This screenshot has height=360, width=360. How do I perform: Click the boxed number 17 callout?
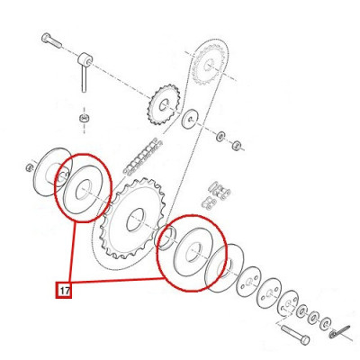point(64,291)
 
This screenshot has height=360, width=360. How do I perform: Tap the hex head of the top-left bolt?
point(46,38)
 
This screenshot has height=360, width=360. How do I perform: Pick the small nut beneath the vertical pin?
point(84,118)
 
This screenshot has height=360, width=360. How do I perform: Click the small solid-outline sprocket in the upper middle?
point(164,104)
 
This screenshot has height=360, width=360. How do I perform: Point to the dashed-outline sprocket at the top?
point(209,64)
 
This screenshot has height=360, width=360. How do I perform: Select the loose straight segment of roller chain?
point(142,157)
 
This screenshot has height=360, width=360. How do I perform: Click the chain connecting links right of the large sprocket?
point(217,195)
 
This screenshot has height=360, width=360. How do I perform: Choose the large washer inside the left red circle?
point(84,190)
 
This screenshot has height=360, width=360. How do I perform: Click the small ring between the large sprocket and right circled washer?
point(166,238)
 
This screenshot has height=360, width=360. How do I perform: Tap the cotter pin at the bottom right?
point(339,331)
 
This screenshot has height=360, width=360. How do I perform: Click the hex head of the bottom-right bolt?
point(304,340)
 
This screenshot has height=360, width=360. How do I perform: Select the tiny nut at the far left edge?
point(30,167)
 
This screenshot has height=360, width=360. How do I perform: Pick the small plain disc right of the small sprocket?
point(190,119)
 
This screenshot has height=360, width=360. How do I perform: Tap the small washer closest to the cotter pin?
point(326,322)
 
